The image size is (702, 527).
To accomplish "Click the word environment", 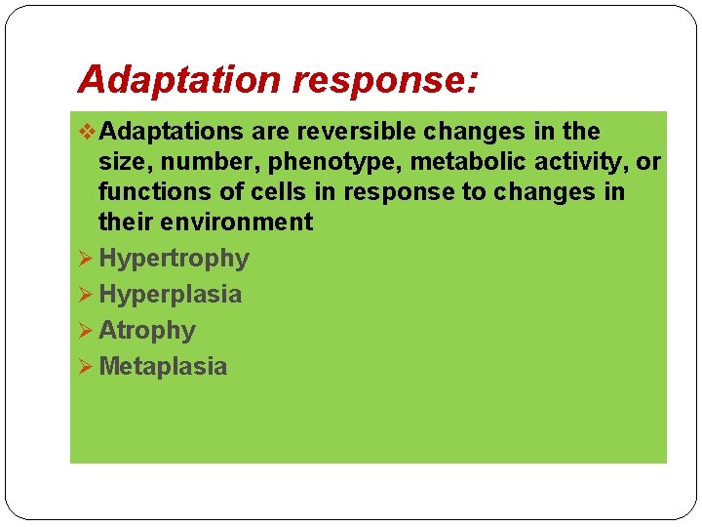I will click(x=236, y=222).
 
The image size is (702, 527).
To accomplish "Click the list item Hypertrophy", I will click(x=174, y=259).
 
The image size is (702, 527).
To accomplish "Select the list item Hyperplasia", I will click(x=170, y=295).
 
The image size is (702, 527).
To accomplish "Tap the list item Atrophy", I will click(x=146, y=331).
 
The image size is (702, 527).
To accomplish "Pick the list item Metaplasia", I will click(x=162, y=367).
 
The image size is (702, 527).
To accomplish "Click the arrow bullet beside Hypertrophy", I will click(x=84, y=259).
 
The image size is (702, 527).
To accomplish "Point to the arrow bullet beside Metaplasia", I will click(x=84, y=367).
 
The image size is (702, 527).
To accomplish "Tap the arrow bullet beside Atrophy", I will click(x=84, y=331).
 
